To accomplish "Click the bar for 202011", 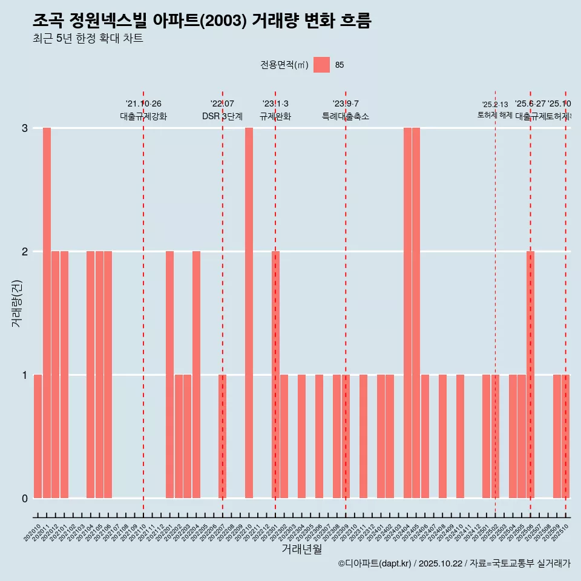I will coord(47,313).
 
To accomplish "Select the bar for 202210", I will coord(249,313).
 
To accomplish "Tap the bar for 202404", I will coord(407,313).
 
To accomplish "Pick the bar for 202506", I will coord(530,375).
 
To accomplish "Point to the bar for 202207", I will coord(222,436).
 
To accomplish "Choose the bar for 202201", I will coord(169,375).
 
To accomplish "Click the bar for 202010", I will coord(38,436).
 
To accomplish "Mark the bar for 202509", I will coord(557,436).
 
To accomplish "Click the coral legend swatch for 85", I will coord(322,65).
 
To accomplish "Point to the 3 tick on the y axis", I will coord(25,128).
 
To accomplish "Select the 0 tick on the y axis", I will coord(25,499).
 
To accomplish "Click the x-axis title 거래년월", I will coord(301,549).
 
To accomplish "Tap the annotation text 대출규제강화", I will coord(143,117).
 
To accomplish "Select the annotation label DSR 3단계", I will coord(222,117).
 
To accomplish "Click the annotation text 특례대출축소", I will coord(346,117).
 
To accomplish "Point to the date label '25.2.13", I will coord(495,105).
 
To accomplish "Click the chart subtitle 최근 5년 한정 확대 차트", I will coord(88,39).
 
